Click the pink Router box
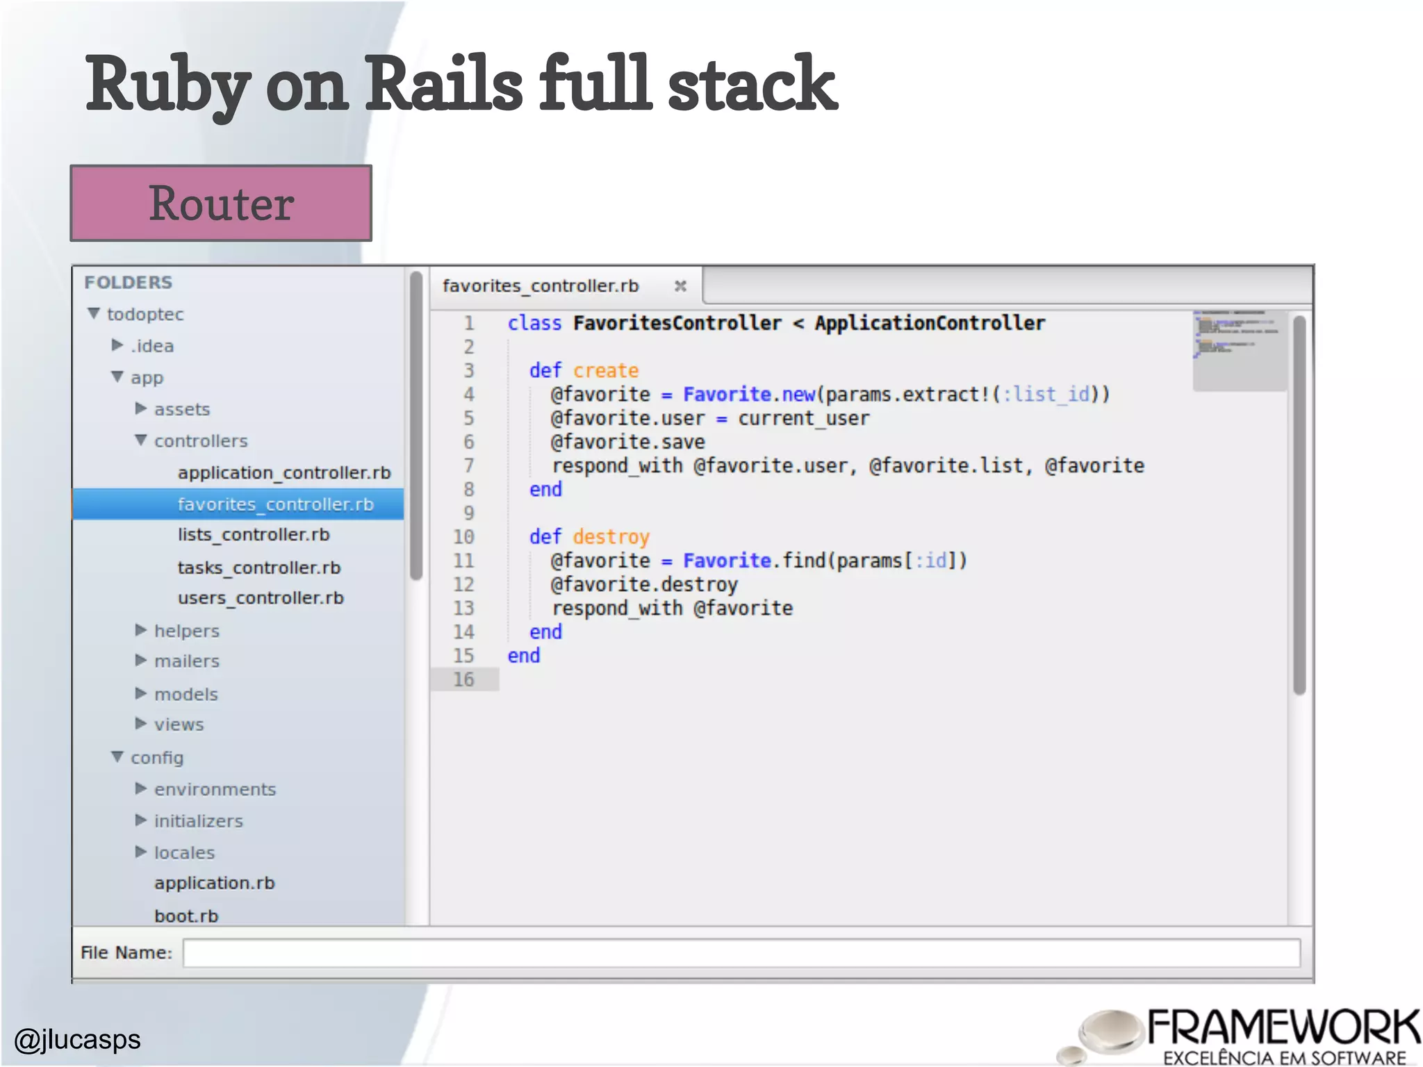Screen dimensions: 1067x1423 (221, 204)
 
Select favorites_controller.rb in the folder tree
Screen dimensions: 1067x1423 (275, 504)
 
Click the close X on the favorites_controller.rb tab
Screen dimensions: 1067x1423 (680, 286)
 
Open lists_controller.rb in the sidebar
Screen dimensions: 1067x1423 (253, 535)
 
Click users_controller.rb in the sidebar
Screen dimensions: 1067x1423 (261, 598)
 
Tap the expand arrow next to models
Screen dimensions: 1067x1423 (141, 693)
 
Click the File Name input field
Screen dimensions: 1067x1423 (741, 952)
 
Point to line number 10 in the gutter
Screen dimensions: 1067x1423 (463, 537)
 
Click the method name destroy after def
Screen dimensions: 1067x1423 (611, 537)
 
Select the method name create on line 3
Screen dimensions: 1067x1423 (605, 370)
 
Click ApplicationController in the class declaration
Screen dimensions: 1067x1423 (929, 323)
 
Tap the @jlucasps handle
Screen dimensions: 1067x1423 (78, 1039)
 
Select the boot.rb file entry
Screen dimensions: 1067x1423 (186, 916)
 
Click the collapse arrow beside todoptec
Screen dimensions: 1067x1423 (94, 314)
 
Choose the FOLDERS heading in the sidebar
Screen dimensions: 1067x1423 (129, 283)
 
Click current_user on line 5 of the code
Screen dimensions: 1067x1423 (803, 418)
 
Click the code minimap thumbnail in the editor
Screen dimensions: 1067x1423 (1238, 349)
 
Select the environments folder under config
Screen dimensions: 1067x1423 (215, 789)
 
